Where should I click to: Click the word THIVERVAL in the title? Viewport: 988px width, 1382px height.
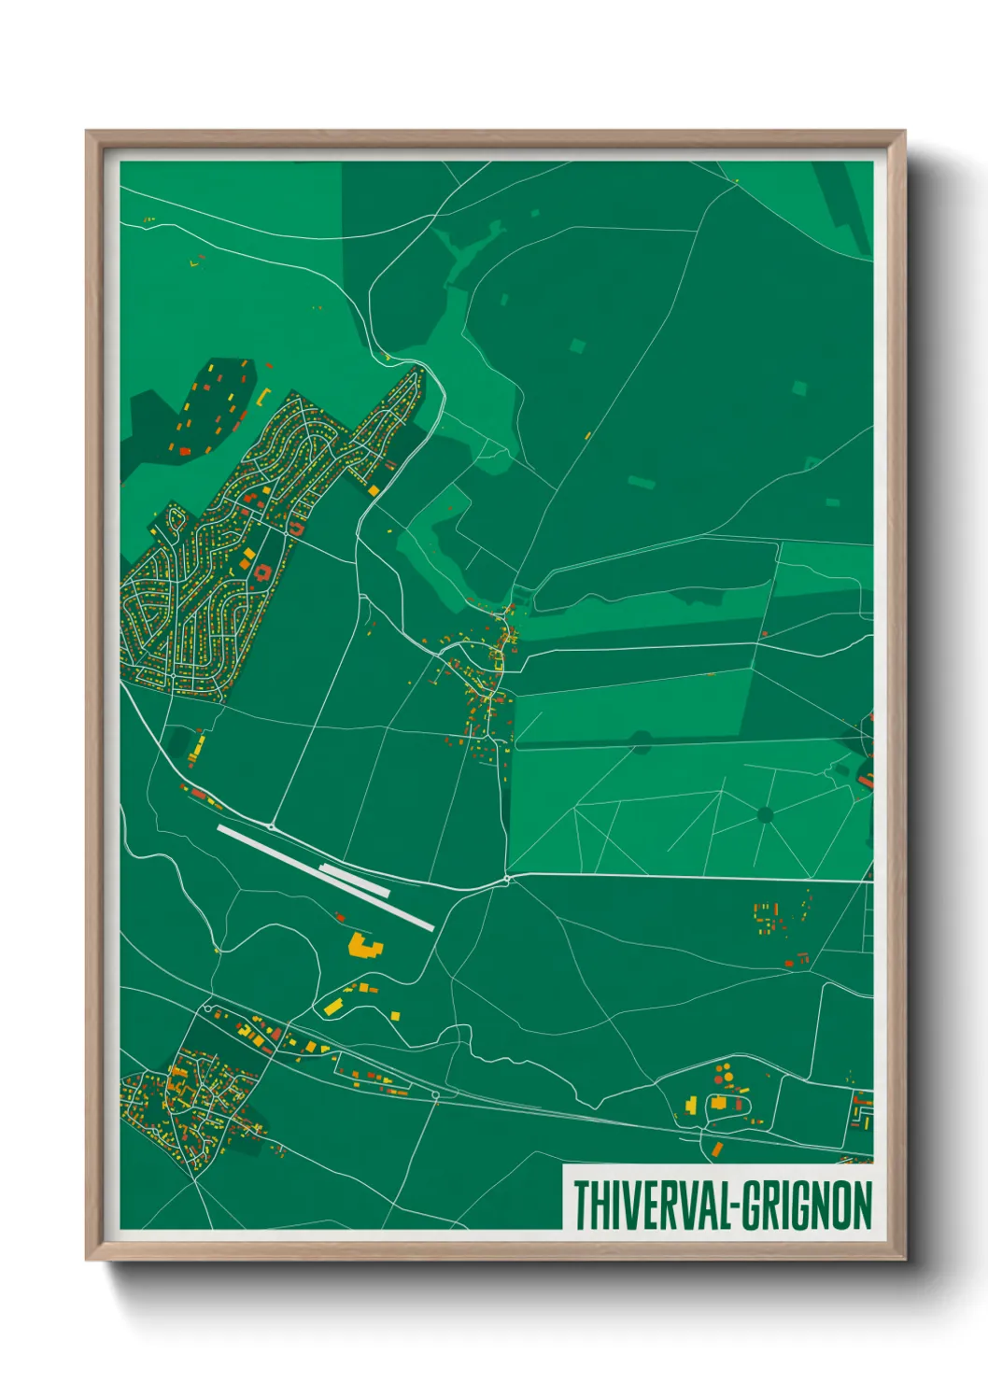[650, 1205]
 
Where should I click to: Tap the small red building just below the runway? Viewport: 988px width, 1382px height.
[340, 917]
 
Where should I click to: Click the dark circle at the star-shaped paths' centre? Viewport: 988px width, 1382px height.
[766, 815]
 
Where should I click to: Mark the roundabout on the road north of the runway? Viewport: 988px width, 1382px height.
[271, 826]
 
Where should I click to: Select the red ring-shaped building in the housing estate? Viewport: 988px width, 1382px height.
[262, 572]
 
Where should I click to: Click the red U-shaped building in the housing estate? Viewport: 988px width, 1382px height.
[297, 528]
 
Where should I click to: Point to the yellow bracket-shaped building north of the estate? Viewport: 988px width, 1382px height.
[263, 396]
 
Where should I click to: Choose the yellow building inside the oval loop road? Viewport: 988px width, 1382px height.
[719, 1103]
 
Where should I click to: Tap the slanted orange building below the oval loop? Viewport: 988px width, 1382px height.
[716, 1149]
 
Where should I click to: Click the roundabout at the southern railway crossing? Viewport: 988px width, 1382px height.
[434, 1094]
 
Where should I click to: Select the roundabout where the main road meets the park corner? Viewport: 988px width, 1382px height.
[507, 879]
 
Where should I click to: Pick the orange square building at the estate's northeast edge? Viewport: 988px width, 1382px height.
[374, 489]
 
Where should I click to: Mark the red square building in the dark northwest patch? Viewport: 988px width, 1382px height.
[184, 451]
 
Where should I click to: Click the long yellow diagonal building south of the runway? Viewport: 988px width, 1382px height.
[332, 1006]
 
